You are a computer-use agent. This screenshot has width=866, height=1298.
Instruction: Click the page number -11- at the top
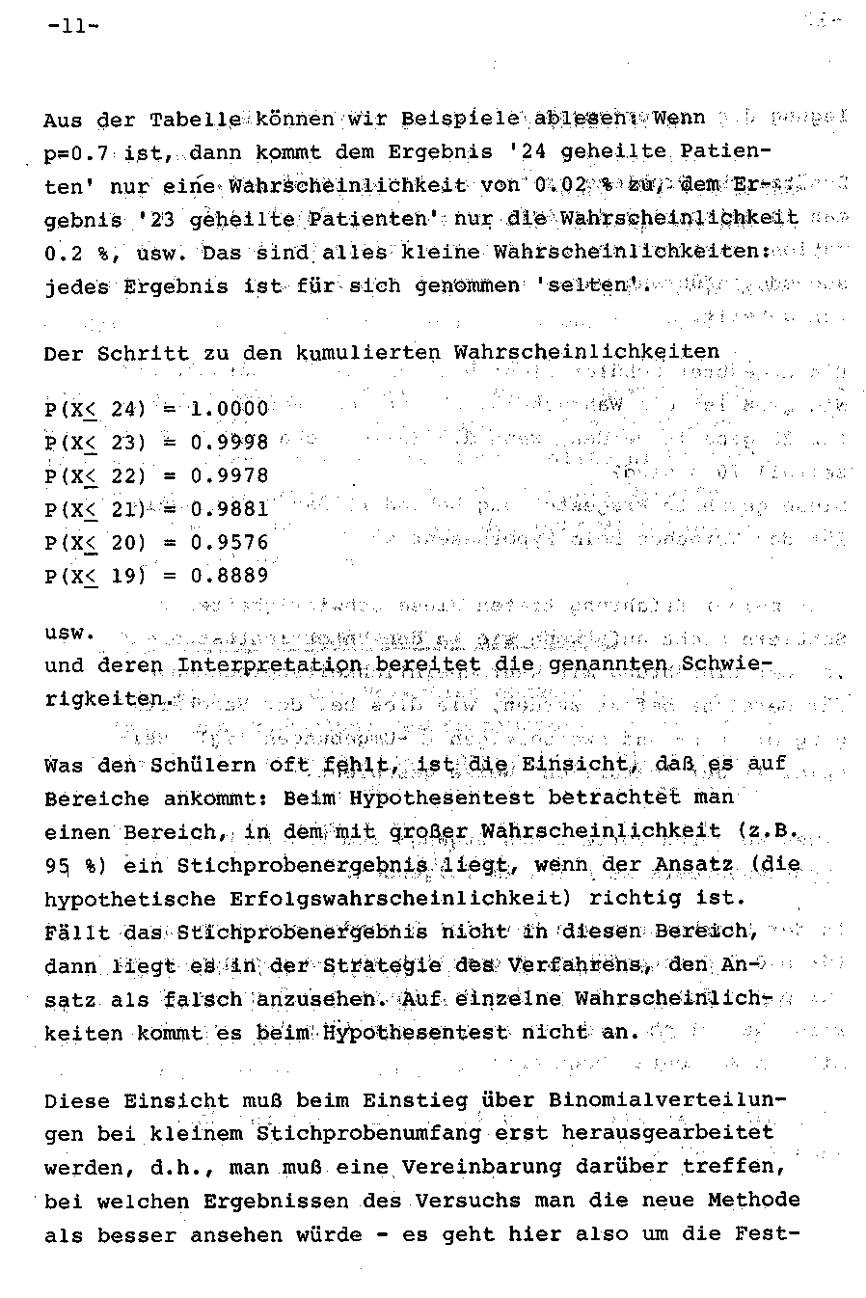tap(72, 27)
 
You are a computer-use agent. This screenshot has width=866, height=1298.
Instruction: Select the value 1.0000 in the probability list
tap(229, 409)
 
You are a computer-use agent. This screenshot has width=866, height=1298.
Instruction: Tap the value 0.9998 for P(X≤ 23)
tap(229, 443)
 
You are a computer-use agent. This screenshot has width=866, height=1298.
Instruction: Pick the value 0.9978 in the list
tap(229, 475)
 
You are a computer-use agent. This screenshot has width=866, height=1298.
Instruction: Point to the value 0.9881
tap(229, 509)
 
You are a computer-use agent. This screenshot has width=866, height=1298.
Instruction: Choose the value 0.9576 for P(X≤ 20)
tap(229, 542)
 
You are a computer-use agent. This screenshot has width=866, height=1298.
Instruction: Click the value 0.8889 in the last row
tap(229, 576)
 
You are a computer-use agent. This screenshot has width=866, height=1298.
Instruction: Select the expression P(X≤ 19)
tap(95, 576)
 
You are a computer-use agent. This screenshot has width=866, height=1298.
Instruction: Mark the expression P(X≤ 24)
tap(95, 409)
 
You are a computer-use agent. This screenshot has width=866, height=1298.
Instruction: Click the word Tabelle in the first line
tap(195, 121)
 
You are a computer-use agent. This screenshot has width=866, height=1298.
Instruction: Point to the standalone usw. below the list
tap(70, 634)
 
